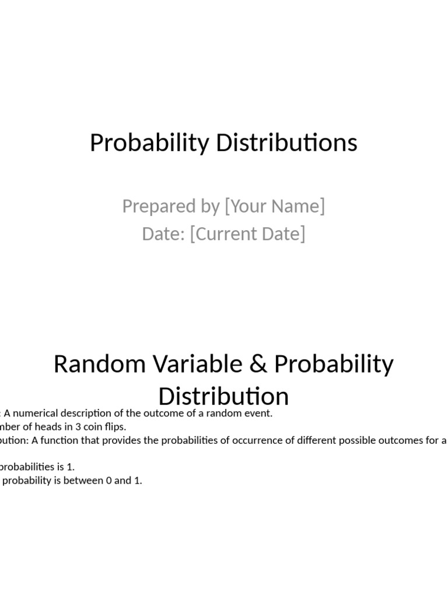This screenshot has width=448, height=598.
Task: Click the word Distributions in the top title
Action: tap(286, 143)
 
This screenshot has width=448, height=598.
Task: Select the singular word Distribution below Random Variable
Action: tap(223, 397)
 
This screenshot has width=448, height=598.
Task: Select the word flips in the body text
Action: tap(114, 427)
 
